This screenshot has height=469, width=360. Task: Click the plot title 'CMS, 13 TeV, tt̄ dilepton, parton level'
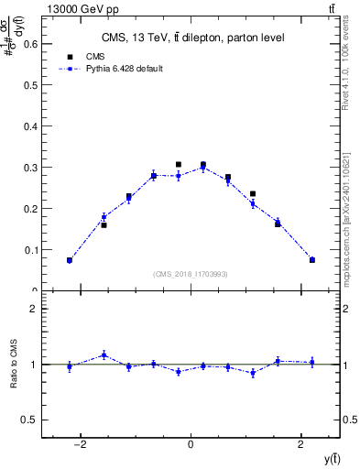[x=191, y=38]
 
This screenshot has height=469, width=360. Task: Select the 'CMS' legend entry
[x=96, y=56]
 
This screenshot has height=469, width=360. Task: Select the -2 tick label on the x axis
[x=81, y=444]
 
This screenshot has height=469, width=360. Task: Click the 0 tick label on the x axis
[x=191, y=444]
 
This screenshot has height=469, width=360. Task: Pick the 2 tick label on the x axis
[x=301, y=444]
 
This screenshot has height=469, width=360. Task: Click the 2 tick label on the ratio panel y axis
[x=34, y=309]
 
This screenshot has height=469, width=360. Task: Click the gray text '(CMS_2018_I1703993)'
[x=191, y=274]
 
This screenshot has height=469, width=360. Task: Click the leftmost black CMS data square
[x=69, y=260]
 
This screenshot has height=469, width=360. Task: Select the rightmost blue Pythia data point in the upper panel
[x=312, y=260]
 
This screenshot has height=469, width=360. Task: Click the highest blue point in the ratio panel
[x=104, y=354]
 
